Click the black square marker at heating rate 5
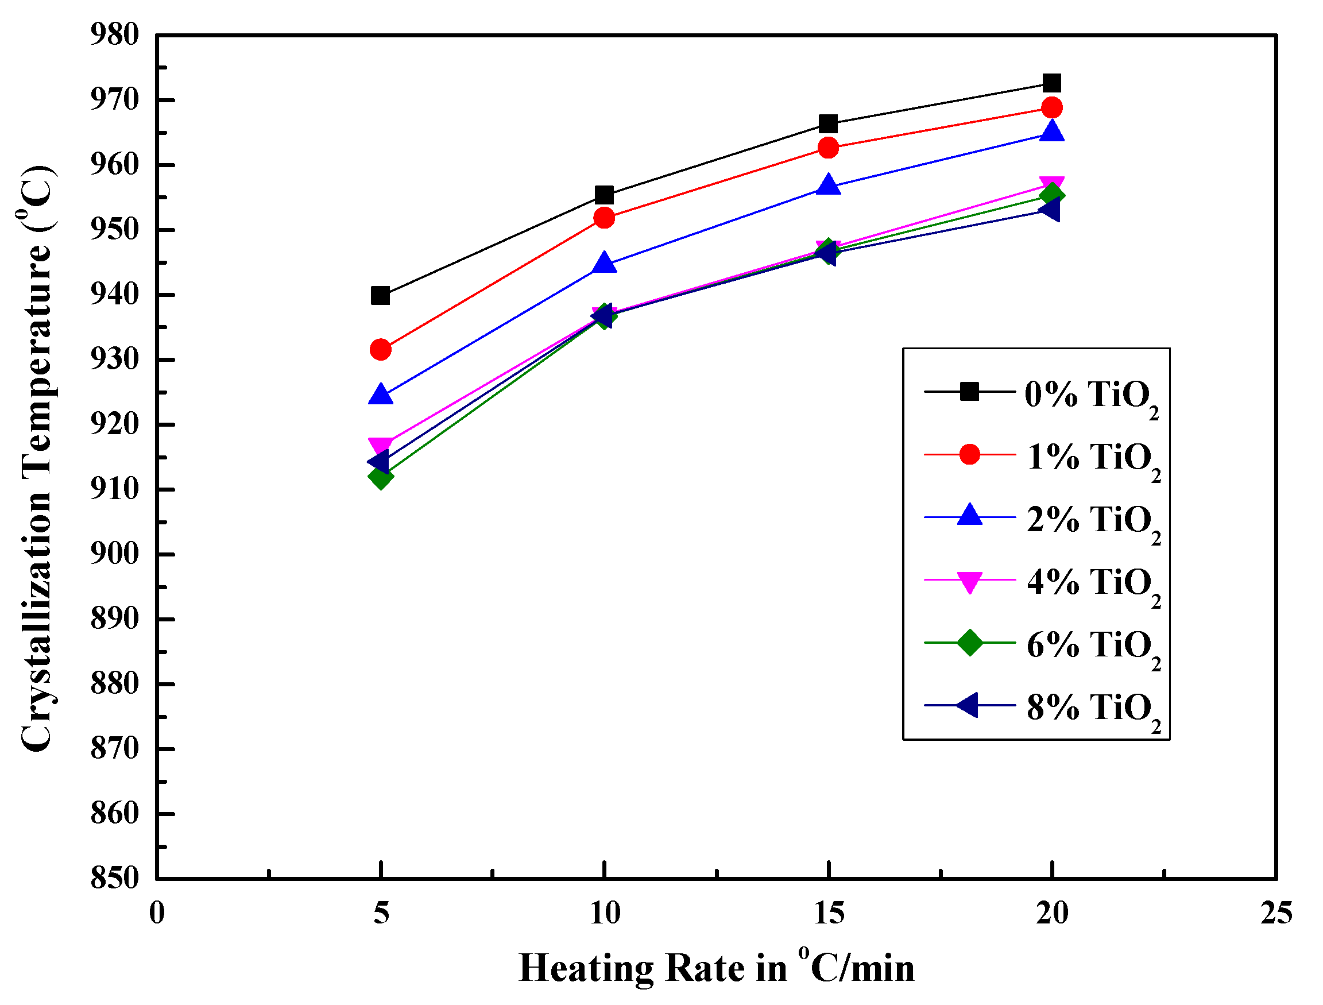coord(380,296)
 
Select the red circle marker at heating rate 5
coord(380,349)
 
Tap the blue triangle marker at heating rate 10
coord(604,264)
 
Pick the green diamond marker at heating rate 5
coord(380,477)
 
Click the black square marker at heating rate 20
coord(1051,83)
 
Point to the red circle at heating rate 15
coord(828,147)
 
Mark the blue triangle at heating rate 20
coord(1051,132)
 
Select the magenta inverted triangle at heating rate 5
coord(380,446)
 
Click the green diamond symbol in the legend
coord(969,643)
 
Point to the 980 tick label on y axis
coord(114,34)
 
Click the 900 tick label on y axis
coord(114,554)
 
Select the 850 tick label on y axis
coord(114,878)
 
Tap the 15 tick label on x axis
coord(829,914)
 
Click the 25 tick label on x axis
coord(1276,914)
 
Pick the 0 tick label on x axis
coord(157,914)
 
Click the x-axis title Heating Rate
coord(717,968)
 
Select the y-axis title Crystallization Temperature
coord(37,458)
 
